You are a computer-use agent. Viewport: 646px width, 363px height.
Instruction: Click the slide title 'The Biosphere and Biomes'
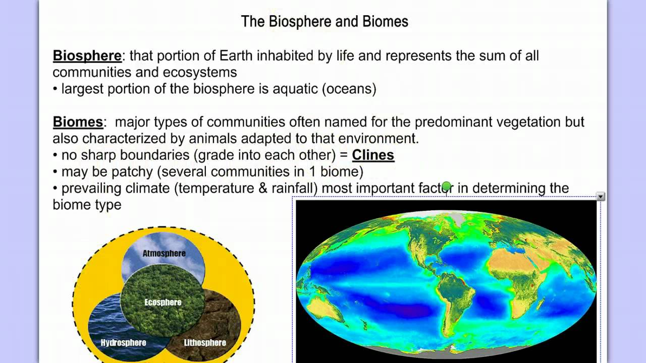point(325,22)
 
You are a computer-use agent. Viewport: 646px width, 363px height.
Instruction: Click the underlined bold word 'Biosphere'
point(87,55)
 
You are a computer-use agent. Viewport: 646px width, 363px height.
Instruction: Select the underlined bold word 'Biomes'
point(78,122)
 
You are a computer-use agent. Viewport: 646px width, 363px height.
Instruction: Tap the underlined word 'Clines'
point(373,155)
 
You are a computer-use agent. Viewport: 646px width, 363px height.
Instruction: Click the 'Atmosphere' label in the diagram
point(164,253)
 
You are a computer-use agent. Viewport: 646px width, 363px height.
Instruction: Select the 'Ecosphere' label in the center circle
point(163,302)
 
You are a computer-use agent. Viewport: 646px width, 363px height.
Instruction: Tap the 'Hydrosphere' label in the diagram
point(123,343)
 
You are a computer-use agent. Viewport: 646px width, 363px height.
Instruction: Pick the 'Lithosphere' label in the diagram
point(204,343)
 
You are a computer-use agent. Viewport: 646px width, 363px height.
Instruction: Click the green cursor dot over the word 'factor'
point(446,188)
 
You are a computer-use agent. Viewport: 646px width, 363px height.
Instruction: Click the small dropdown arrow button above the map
point(600,197)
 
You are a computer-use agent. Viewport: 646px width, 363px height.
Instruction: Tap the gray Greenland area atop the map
point(455,218)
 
